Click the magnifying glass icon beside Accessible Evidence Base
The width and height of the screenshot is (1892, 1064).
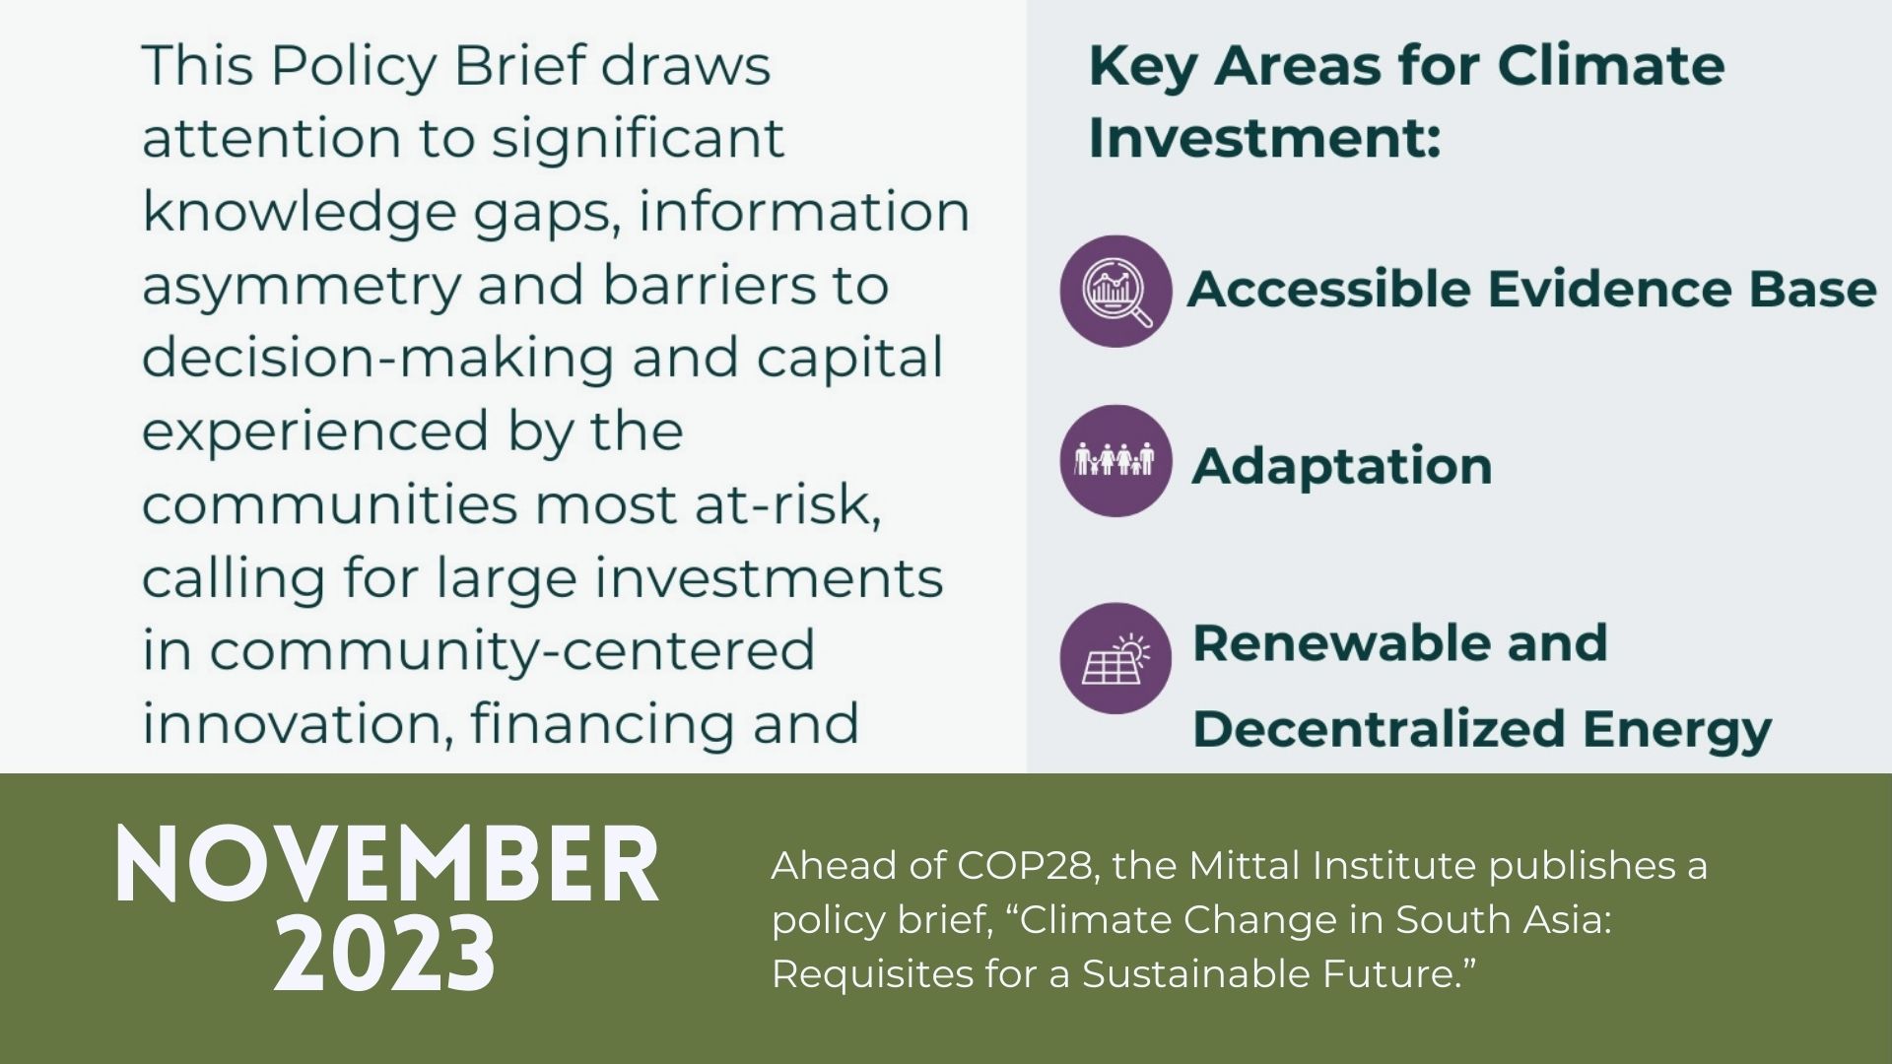[1115, 291]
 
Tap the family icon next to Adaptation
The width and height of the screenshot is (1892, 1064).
[1115, 461]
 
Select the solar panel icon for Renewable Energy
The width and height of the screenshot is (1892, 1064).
[1115, 658]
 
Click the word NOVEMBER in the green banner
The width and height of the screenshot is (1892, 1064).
[386, 865]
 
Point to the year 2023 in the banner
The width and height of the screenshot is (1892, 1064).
[385, 954]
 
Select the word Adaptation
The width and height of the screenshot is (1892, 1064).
[1342, 467]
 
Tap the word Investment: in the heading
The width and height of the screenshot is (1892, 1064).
[1264, 137]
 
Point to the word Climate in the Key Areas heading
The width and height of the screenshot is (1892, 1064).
[1610, 66]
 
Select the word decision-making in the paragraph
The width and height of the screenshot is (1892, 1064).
[378, 360]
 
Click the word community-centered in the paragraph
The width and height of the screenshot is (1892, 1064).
[512, 652]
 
